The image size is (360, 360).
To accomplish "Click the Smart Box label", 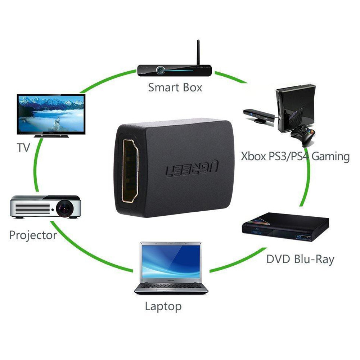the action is (175, 87).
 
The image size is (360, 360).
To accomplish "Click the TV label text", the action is (23, 147).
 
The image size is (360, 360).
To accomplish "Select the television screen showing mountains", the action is (51, 114).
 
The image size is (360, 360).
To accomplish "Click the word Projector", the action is (33, 235).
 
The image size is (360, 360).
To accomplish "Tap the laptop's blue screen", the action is (171, 261).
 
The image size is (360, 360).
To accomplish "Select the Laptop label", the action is (163, 306).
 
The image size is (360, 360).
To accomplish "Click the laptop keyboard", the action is (171, 287).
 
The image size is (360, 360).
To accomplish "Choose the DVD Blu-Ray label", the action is (300, 260).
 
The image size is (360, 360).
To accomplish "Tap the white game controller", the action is (303, 135).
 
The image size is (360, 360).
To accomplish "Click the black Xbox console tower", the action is (296, 108).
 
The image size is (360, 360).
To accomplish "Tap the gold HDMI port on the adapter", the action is (130, 171).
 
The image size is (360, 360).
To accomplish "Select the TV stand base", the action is (51, 136).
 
